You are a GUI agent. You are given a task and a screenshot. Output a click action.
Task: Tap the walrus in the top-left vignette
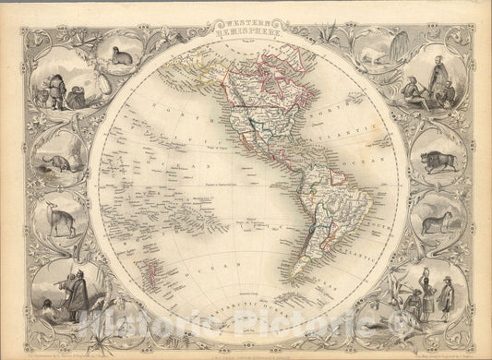click(121, 57)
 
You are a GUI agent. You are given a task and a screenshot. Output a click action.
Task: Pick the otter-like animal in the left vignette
click(55, 164)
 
